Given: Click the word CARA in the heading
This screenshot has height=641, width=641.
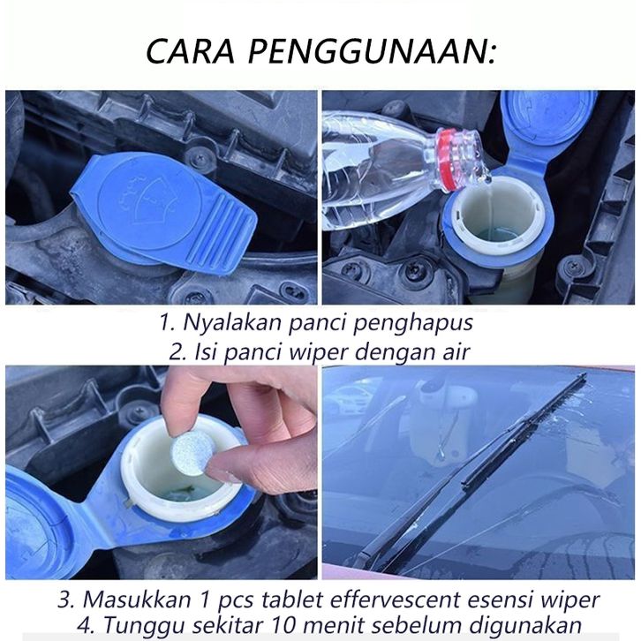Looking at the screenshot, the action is (x=191, y=51).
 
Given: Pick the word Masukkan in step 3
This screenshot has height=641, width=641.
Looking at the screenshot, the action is (x=137, y=600).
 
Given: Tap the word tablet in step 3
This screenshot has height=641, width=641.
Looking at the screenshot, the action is (x=292, y=600).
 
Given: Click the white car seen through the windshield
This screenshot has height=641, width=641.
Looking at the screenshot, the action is (x=351, y=398).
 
